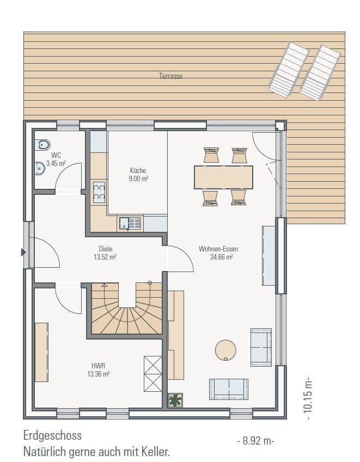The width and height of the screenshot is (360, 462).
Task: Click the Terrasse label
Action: pyautogui.click(x=170, y=76)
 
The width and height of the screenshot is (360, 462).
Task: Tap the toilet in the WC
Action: pyautogui.click(x=42, y=145)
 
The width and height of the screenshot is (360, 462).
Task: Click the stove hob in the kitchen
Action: pyautogui.click(x=99, y=193)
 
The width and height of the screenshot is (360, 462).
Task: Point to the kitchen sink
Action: pyautogui.click(x=130, y=223)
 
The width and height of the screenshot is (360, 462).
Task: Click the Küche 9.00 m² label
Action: pyautogui.click(x=138, y=174)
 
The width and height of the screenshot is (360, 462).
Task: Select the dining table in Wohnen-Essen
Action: pyautogui.click(x=223, y=177)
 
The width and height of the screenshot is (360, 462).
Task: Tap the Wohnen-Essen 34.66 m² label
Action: pyautogui.click(x=218, y=253)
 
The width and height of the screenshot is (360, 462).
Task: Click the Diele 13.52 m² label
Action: pyautogui.click(x=106, y=253)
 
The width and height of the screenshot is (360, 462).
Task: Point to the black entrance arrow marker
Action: pyautogui.click(x=23, y=252)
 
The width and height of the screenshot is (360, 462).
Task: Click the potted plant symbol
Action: pyautogui.click(x=175, y=401)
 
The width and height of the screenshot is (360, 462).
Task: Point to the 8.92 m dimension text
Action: pyautogui.click(x=255, y=441)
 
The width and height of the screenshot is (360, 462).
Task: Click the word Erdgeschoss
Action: pyautogui.click(x=52, y=436)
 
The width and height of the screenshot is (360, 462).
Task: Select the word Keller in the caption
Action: pyautogui.click(x=155, y=451)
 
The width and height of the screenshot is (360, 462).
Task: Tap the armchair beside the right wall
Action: pyautogui.click(x=260, y=347)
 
